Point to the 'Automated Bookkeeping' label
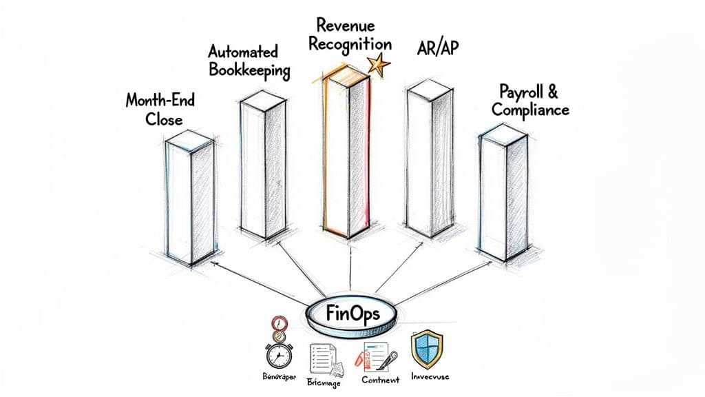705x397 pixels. pos(249,61)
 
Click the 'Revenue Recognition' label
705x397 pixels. pos(350,34)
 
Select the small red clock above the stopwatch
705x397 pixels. pos(279,323)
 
